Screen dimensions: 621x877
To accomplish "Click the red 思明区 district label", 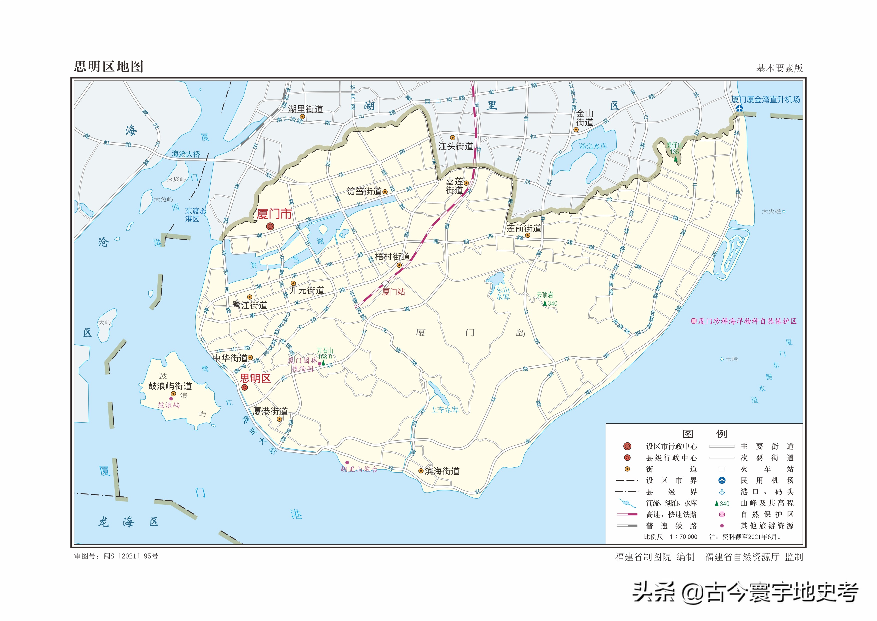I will coord(255,379).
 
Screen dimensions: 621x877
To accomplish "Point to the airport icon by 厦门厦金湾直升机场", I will coord(740,109).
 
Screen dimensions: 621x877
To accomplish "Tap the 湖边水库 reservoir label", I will coord(593,147).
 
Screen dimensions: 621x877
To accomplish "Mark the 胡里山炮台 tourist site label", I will coord(359,469).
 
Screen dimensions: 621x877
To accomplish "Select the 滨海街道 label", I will coord(442,471).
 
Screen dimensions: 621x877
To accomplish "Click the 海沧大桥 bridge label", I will coord(186,154).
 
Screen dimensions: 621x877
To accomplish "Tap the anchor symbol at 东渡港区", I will coord(203,211).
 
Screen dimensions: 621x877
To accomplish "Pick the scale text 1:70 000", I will coord(683,537).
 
